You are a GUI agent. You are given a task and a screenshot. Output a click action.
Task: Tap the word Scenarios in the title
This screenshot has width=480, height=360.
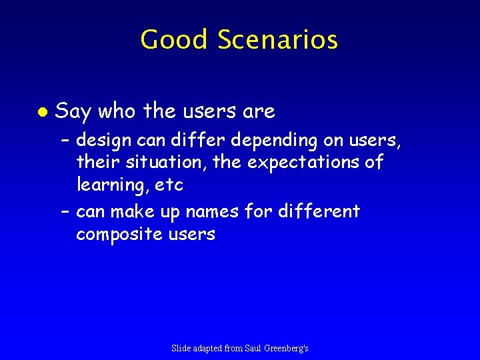(277, 40)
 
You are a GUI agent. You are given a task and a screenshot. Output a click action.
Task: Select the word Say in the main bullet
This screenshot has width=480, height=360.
(73, 112)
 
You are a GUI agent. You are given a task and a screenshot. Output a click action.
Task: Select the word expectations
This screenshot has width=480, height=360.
(313, 162)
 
